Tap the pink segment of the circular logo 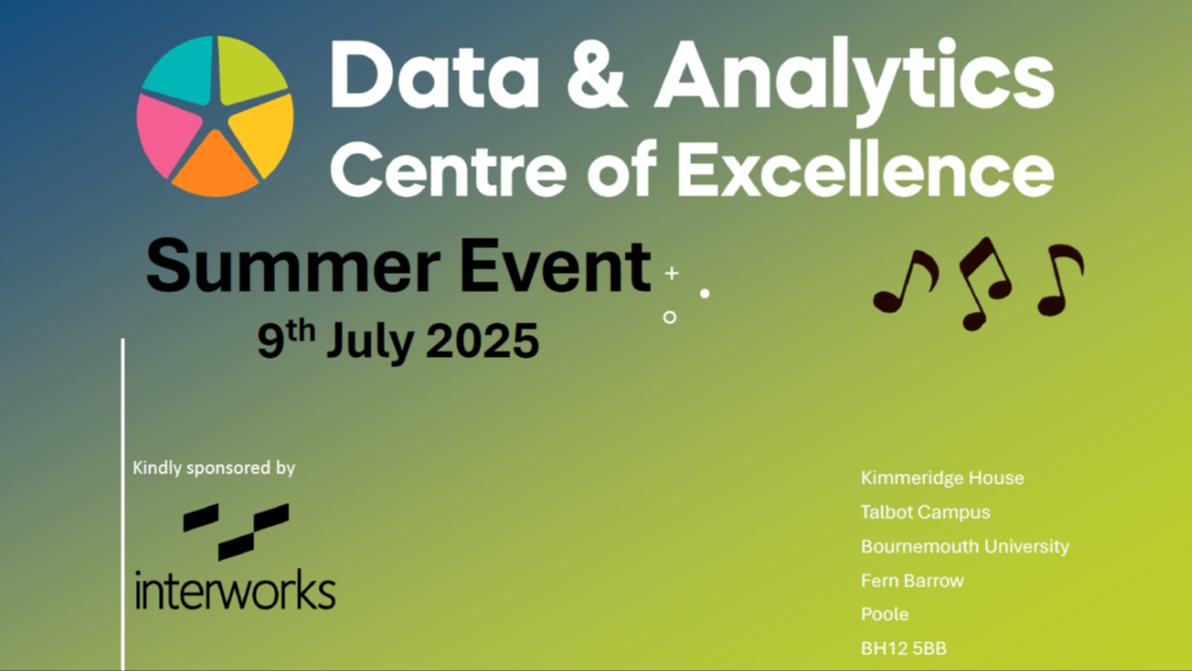tap(165, 136)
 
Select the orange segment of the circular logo tap(215, 168)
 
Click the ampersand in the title tap(597, 75)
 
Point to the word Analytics tap(854, 80)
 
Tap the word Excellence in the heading tap(865, 167)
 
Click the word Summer tap(293, 266)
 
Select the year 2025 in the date tap(482, 340)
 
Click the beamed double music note tap(984, 283)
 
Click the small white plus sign tap(671, 273)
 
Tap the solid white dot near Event tap(705, 294)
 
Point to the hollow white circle tap(670, 318)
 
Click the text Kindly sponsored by tap(214, 468)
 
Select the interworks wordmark tap(236, 590)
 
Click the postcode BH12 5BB tap(903, 649)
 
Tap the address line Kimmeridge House tap(942, 478)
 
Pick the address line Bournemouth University tap(965, 546)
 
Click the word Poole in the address tap(885, 614)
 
